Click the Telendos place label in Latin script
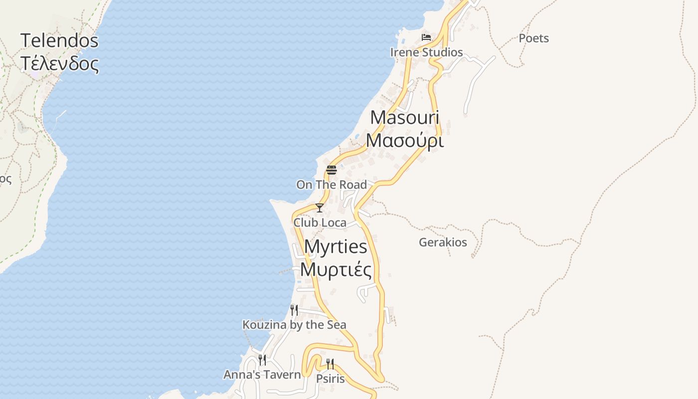click(59, 40)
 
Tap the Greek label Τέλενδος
click(59, 63)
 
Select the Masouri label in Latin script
click(404, 118)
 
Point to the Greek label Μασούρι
click(404, 141)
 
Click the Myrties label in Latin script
click(336, 246)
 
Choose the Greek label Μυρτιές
click(336, 269)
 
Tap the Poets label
click(533, 38)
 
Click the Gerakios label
click(443, 242)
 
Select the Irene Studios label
click(426, 52)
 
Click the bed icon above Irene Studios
click(426, 37)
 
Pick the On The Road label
click(332, 185)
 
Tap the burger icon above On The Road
click(332, 170)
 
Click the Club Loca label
click(320, 222)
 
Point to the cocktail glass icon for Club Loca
click(320, 208)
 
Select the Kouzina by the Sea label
click(294, 325)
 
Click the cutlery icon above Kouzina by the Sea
click(294, 310)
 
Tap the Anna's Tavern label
click(262, 375)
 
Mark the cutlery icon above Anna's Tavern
click(262, 360)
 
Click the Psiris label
click(330, 379)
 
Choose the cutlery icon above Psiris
click(330, 364)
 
